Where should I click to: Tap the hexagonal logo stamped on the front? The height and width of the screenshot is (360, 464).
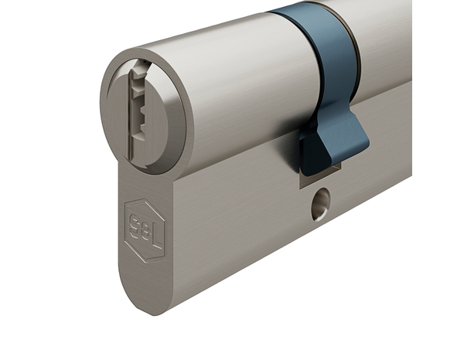145,229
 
